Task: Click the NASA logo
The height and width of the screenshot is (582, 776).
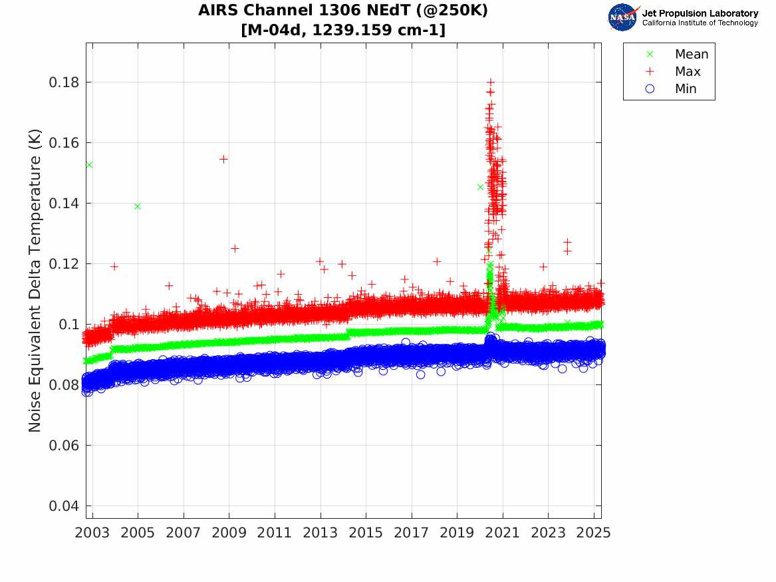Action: pos(623,17)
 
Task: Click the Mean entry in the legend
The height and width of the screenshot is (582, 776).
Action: pos(691,55)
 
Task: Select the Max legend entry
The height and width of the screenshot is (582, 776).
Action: pos(687,72)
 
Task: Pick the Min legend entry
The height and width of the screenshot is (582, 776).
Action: pos(686,89)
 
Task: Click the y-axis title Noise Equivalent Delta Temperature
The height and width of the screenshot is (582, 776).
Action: pos(35,281)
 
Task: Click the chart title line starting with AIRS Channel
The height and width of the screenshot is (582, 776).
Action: pos(343,11)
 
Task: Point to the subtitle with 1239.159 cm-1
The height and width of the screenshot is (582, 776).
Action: pos(343,30)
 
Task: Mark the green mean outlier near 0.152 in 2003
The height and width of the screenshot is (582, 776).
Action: pos(89,165)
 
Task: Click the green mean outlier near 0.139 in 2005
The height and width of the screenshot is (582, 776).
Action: pos(138,206)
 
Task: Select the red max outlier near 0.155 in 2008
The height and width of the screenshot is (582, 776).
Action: pos(223,159)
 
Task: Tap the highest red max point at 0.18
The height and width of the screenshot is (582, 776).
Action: pos(491,82)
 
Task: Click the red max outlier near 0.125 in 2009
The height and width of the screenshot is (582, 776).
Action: pos(235,249)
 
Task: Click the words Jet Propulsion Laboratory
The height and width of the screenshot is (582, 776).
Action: pos(700,13)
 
